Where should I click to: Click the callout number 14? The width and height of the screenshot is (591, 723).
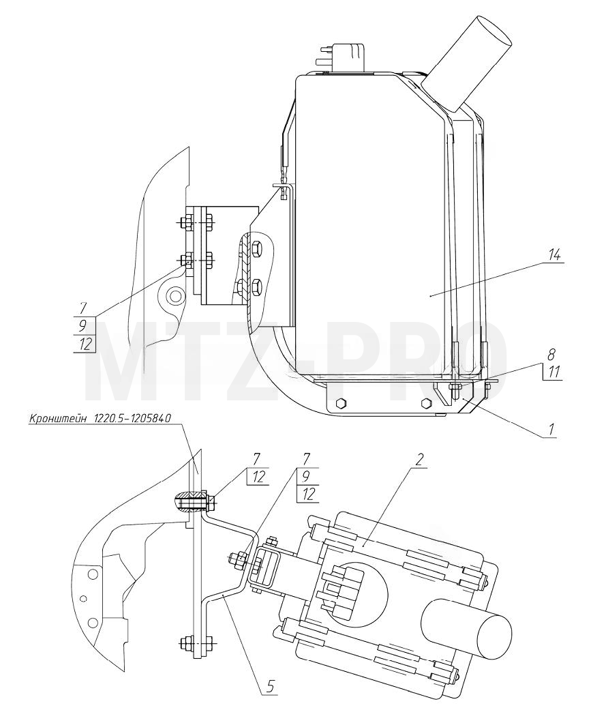[x=554, y=254]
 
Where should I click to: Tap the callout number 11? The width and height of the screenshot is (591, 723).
[x=554, y=372]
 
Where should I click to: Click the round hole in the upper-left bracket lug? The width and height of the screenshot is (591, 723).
[x=174, y=295]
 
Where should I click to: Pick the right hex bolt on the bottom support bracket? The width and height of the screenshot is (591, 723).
[x=426, y=403]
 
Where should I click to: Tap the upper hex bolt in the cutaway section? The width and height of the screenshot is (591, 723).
[x=256, y=248]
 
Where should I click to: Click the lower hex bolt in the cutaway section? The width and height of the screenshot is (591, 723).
[x=256, y=286]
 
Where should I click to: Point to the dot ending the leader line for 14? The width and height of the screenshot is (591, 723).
[x=429, y=295]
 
